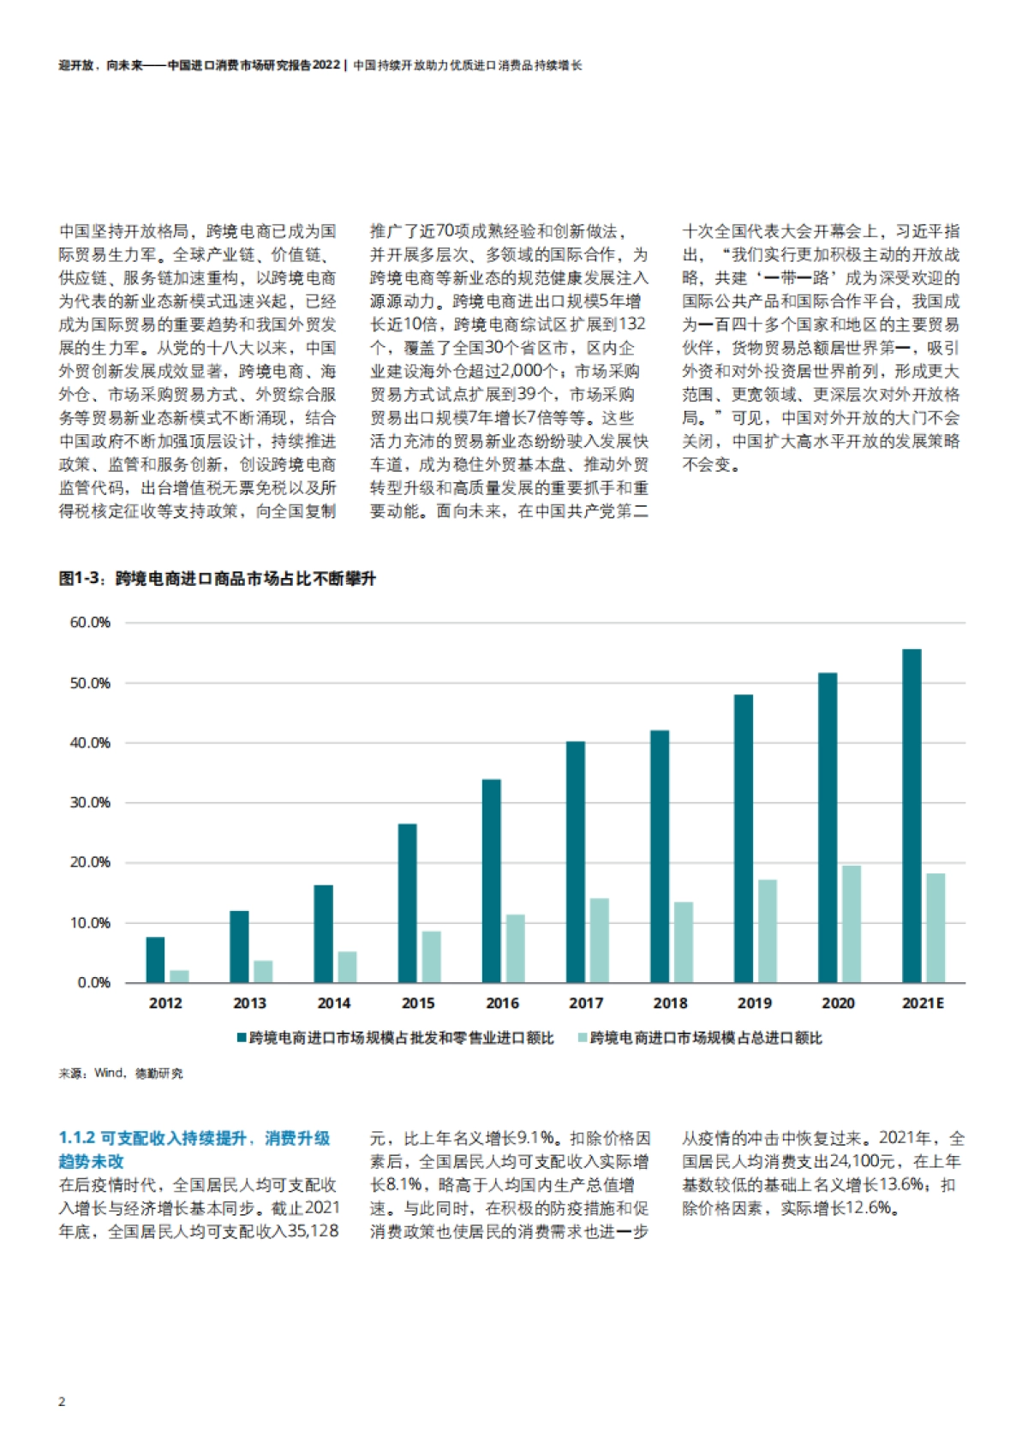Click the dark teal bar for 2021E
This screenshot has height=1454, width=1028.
(x=911, y=815)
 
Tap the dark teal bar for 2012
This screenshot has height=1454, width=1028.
(x=155, y=959)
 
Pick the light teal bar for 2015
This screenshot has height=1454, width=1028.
(x=431, y=956)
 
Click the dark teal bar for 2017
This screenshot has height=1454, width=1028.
(x=576, y=861)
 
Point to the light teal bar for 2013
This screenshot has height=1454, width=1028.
(x=263, y=971)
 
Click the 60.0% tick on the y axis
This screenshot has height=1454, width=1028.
(x=90, y=623)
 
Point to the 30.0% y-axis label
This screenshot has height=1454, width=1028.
(x=90, y=802)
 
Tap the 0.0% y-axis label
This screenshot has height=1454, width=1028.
(x=93, y=982)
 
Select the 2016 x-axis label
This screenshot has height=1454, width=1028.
(x=502, y=1003)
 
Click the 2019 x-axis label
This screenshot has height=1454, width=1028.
(x=754, y=1003)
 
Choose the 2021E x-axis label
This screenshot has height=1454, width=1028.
(x=923, y=1003)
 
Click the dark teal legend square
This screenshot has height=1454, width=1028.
(x=242, y=1038)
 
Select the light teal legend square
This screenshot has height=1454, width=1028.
(x=583, y=1038)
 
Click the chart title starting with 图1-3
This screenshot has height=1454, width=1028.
(x=217, y=579)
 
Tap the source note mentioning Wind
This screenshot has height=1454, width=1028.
(x=121, y=1073)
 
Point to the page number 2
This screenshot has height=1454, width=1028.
(x=62, y=1402)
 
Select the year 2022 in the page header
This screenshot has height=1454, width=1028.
(x=326, y=65)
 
